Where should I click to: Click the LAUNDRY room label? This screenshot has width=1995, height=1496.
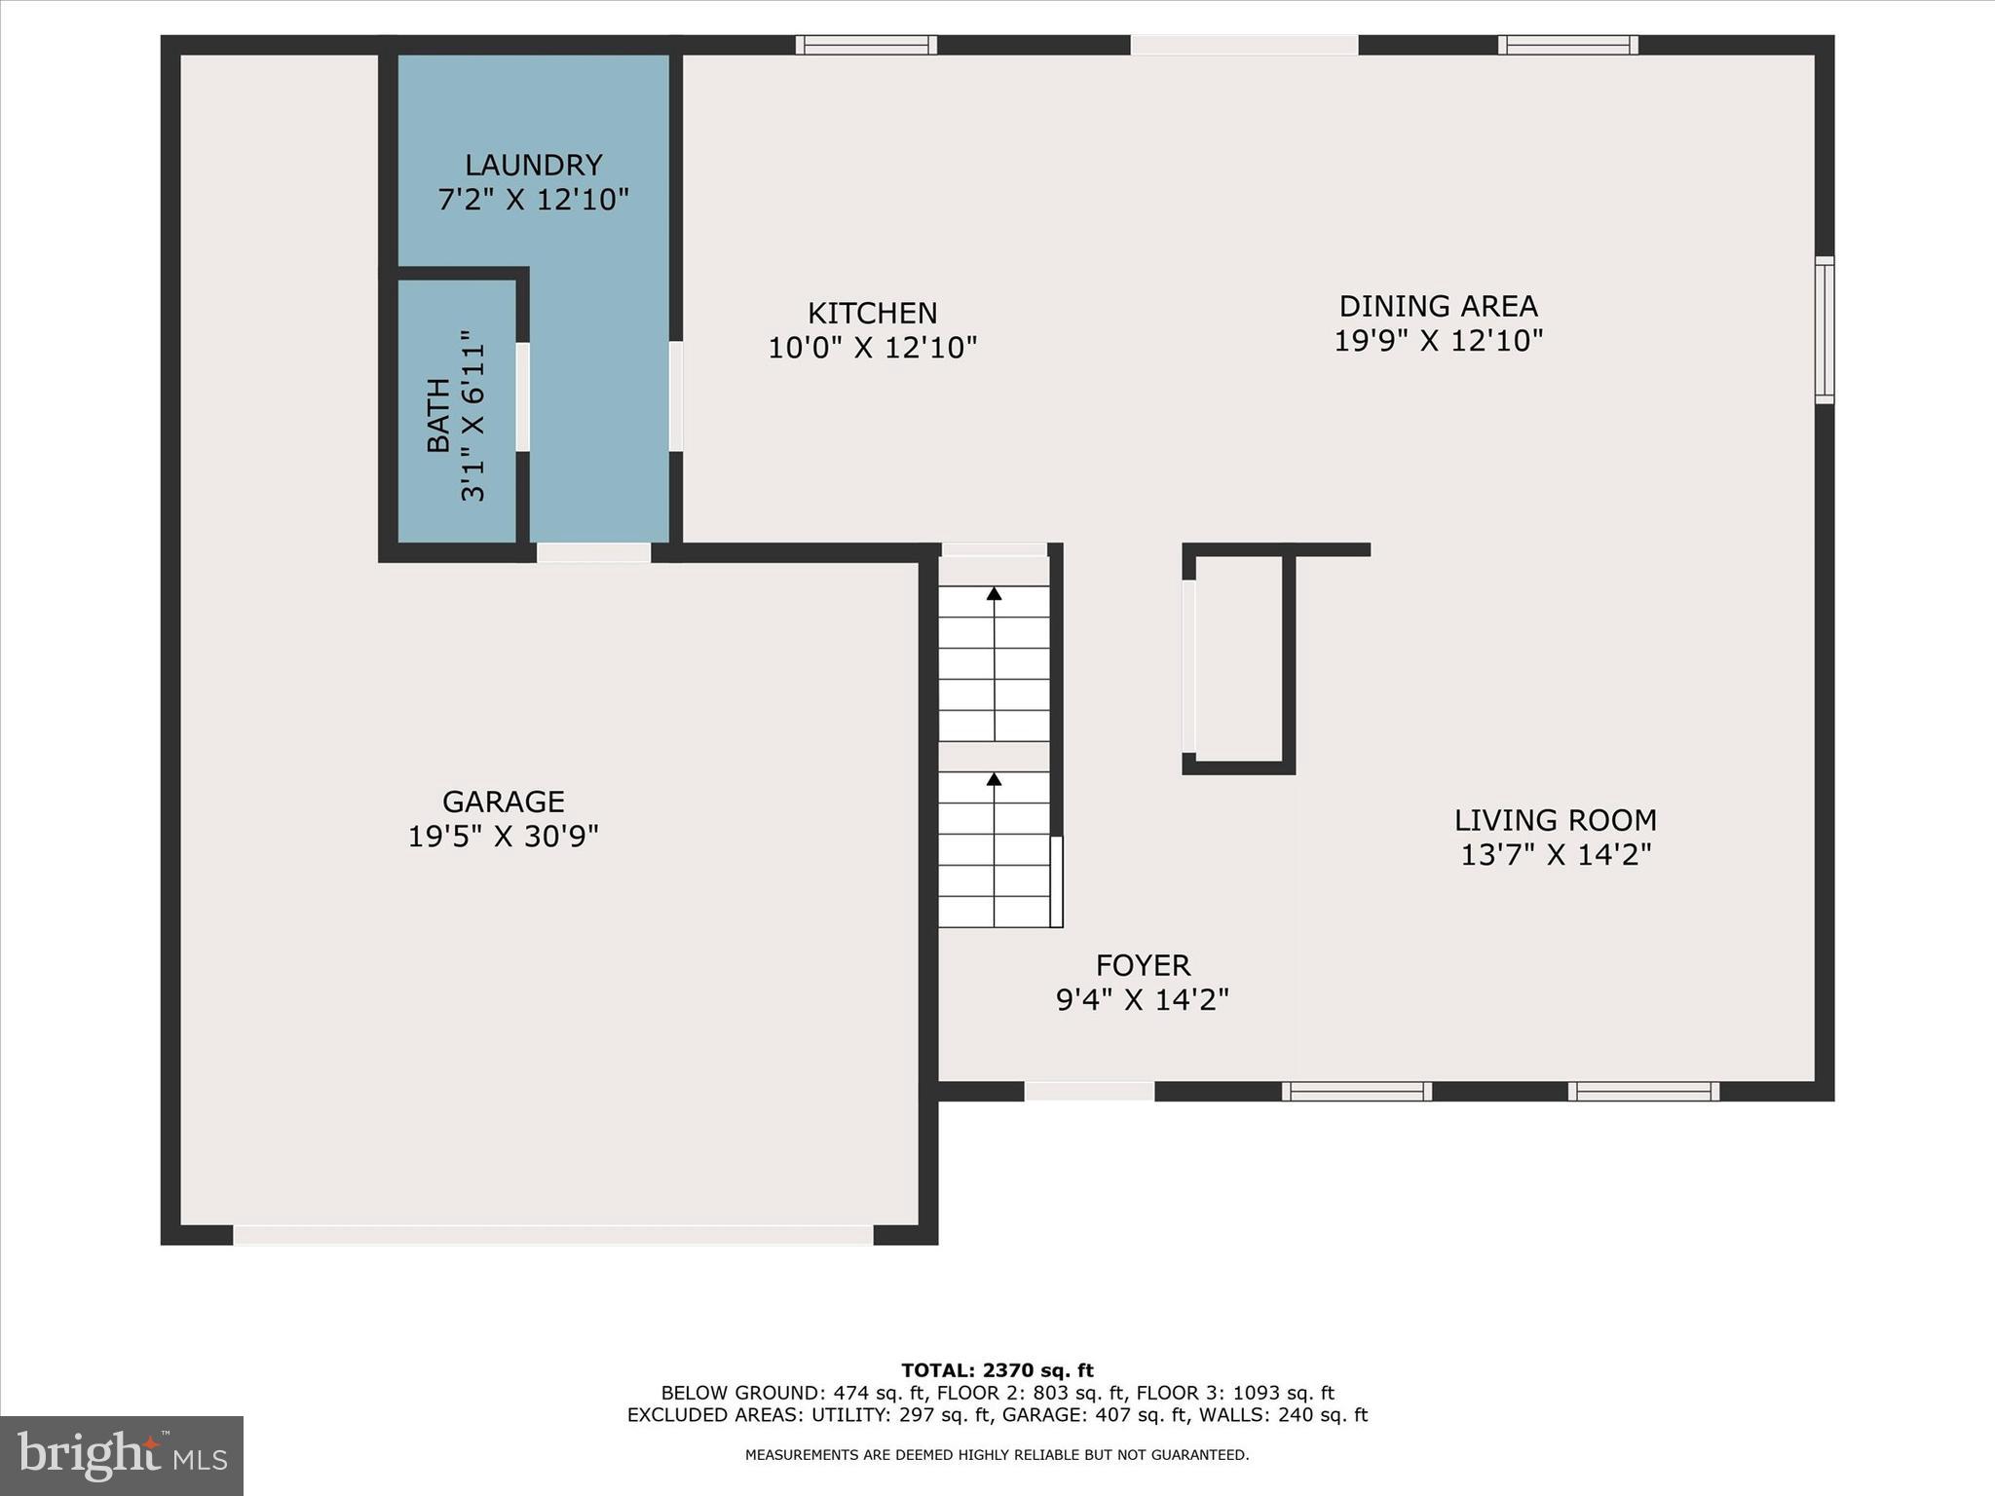[533, 165]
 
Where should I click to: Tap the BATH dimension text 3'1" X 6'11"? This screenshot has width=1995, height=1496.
[472, 416]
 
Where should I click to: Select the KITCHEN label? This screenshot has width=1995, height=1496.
[872, 313]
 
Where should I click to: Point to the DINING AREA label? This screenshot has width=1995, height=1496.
[1438, 306]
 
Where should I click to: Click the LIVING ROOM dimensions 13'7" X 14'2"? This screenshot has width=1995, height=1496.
[1555, 854]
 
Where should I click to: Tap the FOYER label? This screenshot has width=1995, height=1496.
[1143, 965]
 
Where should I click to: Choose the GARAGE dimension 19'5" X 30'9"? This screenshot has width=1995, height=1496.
[503, 836]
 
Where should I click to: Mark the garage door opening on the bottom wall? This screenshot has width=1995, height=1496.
[552, 1235]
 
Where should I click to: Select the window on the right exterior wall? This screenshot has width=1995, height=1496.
[1825, 329]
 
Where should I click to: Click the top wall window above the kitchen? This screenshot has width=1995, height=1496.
[866, 45]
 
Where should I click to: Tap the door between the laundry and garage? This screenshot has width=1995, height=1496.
[593, 552]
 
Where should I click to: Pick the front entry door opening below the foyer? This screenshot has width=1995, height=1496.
[1089, 1091]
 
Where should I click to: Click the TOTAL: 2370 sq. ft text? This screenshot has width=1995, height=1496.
[997, 1370]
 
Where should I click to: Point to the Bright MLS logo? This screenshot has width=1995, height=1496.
[122, 1455]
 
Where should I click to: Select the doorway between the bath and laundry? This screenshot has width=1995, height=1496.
[523, 396]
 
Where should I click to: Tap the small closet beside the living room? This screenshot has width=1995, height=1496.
[1238, 660]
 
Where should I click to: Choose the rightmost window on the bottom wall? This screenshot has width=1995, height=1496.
[1643, 1091]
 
